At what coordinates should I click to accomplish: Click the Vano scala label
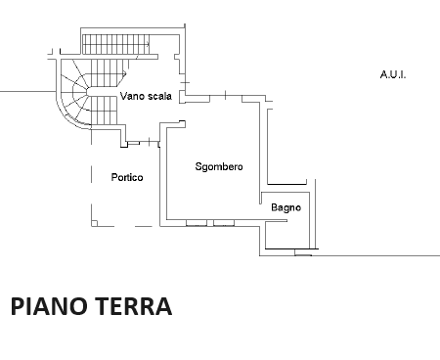(146, 96)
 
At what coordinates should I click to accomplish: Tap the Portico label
(128, 177)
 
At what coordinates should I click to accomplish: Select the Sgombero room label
(218, 166)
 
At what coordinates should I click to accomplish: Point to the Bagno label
(286, 207)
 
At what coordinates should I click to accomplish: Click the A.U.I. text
(392, 74)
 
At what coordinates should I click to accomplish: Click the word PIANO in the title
(50, 306)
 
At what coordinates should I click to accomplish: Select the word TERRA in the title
(134, 306)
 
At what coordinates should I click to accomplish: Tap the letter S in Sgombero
(198, 166)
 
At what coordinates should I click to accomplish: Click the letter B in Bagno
(275, 207)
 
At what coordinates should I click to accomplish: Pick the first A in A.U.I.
(383, 74)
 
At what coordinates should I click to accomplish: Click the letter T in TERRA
(104, 306)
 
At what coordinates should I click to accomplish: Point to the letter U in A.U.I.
(392, 74)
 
